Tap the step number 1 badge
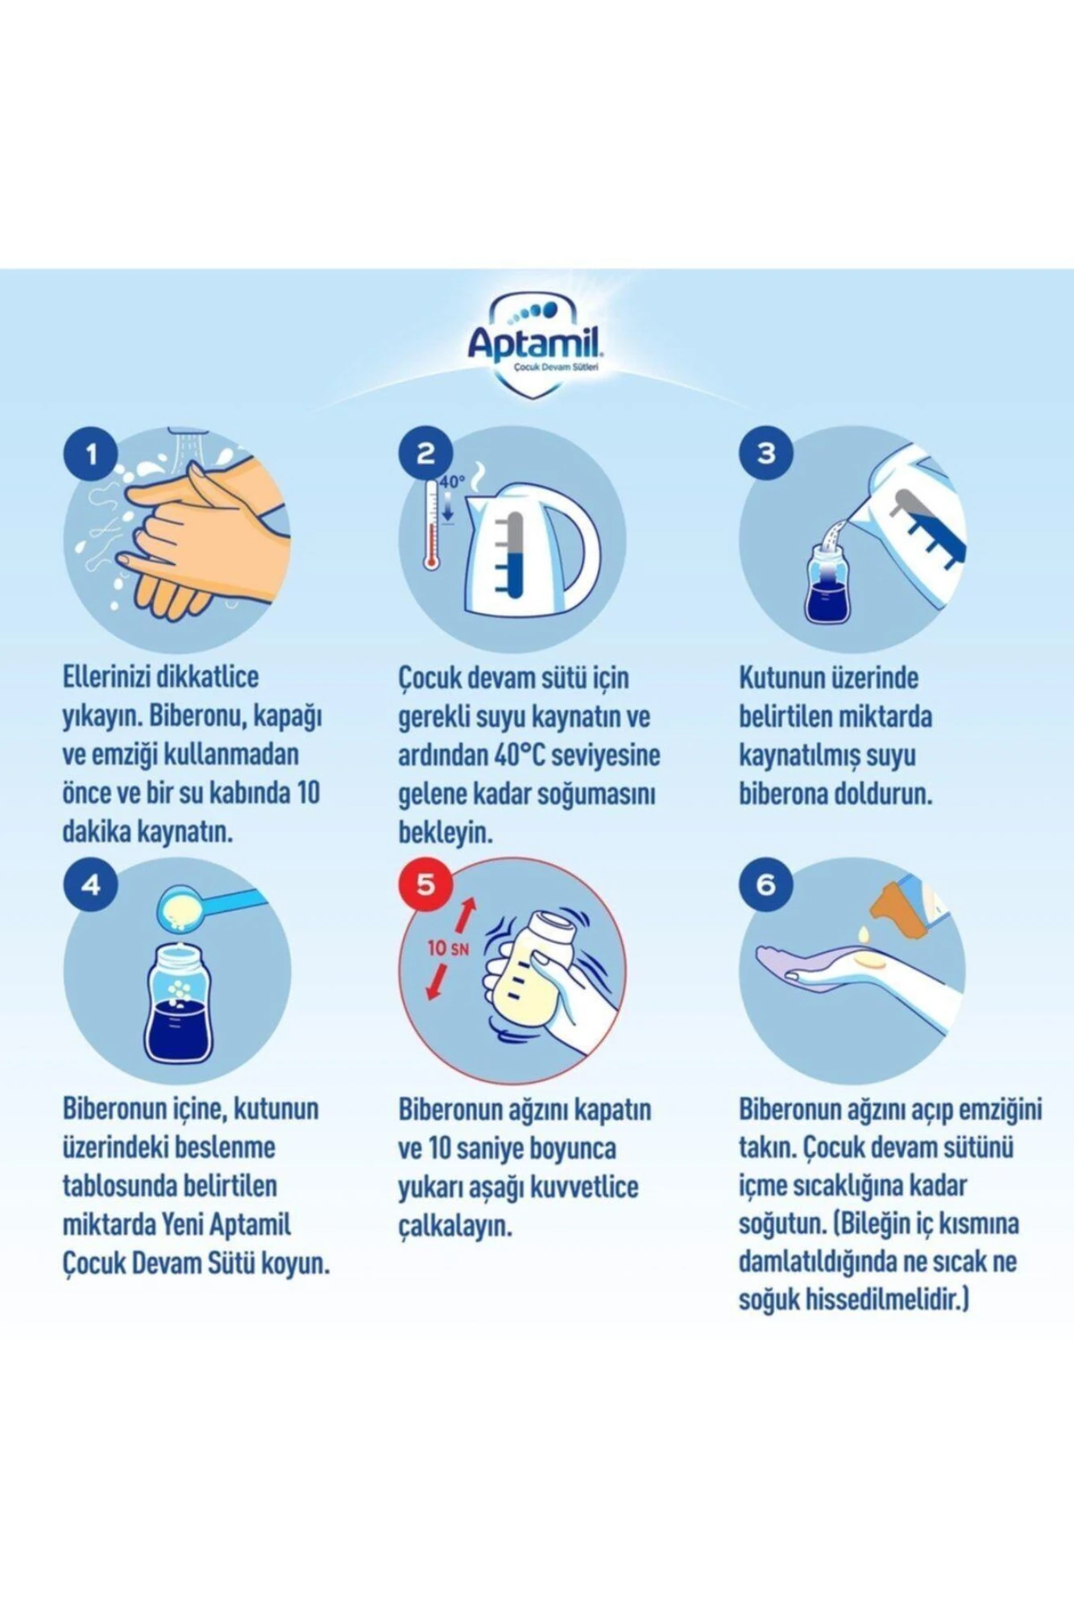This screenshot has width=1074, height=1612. pos(91,454)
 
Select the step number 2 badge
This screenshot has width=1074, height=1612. pos(425,454)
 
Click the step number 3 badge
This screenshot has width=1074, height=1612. pos(765,454)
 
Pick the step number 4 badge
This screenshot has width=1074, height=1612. pos(91,885)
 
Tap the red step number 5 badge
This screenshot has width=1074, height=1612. pos(425,885)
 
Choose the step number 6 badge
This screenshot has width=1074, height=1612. pos(765,885)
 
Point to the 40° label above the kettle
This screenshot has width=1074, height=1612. pos(452,482)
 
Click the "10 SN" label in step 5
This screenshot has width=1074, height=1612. pos(448,948)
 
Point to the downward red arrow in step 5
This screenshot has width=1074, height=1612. pos(437,981)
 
